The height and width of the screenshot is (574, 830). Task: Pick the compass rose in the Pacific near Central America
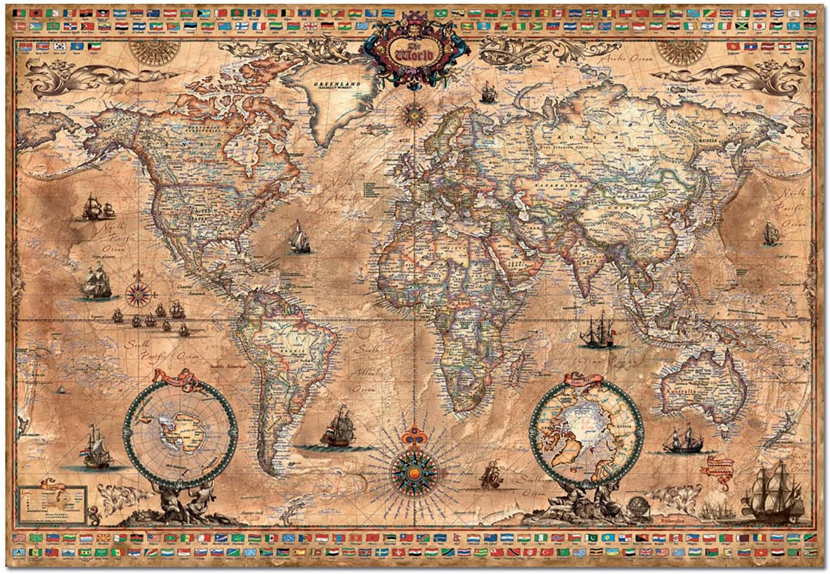[137, 294]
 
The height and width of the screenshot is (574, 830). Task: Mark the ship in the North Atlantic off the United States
[299, 237]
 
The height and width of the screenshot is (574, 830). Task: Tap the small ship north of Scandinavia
[489, 93]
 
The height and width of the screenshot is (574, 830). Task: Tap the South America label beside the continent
[228, 367]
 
